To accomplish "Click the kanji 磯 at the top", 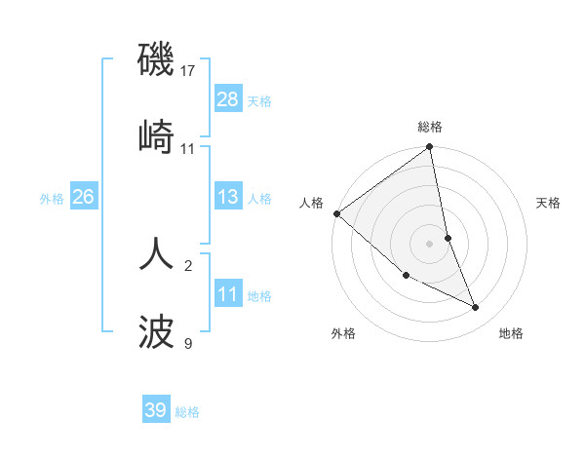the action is tap(156, 60).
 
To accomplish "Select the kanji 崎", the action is tap(156, 137).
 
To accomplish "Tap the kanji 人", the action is tap(156, 252).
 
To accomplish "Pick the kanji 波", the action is tap(156, 331).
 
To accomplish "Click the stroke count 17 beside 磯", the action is tap(189, 71).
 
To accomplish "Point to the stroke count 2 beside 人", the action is tap(188, 264).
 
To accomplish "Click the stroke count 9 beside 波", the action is tap(188, 343).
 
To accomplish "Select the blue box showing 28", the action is tap(227, 98).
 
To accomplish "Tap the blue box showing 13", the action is tap(227, 197).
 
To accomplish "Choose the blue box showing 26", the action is tap(83, 197).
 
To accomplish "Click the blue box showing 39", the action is tap(155, 410).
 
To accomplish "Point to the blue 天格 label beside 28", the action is tap(259, 100).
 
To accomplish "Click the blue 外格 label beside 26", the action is tap(52, 199).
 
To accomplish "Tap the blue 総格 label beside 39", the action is tap(187, 412).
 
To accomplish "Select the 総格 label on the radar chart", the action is tap(430, 127).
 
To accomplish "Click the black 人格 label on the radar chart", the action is tap(311, 203).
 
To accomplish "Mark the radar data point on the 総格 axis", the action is tap(430, 149).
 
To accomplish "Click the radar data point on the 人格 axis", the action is tap(336, 213).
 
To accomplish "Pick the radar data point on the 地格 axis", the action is tap(476, 308).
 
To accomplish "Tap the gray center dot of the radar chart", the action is tap(430, 243).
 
